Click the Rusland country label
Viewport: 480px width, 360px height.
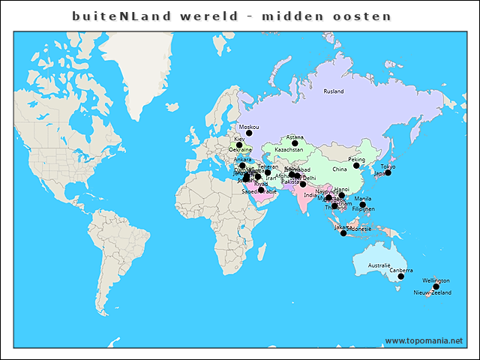333,91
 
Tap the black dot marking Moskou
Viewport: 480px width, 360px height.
250,133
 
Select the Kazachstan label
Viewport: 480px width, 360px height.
289,150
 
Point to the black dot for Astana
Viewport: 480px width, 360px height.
295,143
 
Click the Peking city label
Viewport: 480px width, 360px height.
357,160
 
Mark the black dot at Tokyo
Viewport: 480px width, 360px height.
388,172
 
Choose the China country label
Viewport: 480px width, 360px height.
340,169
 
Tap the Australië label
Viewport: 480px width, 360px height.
379,265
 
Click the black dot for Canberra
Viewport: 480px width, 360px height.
400,276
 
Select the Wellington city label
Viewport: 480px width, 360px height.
436,280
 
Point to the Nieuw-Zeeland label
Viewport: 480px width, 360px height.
433,292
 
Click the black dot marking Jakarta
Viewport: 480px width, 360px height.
343,233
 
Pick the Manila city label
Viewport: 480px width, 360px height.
362,199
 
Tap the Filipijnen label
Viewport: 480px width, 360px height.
363,208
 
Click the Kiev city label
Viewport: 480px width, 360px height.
239,139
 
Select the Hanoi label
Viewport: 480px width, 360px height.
341,190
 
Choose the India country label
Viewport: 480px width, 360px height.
310,195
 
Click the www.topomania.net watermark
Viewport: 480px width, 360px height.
424,340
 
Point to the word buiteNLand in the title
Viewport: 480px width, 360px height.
121,16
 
